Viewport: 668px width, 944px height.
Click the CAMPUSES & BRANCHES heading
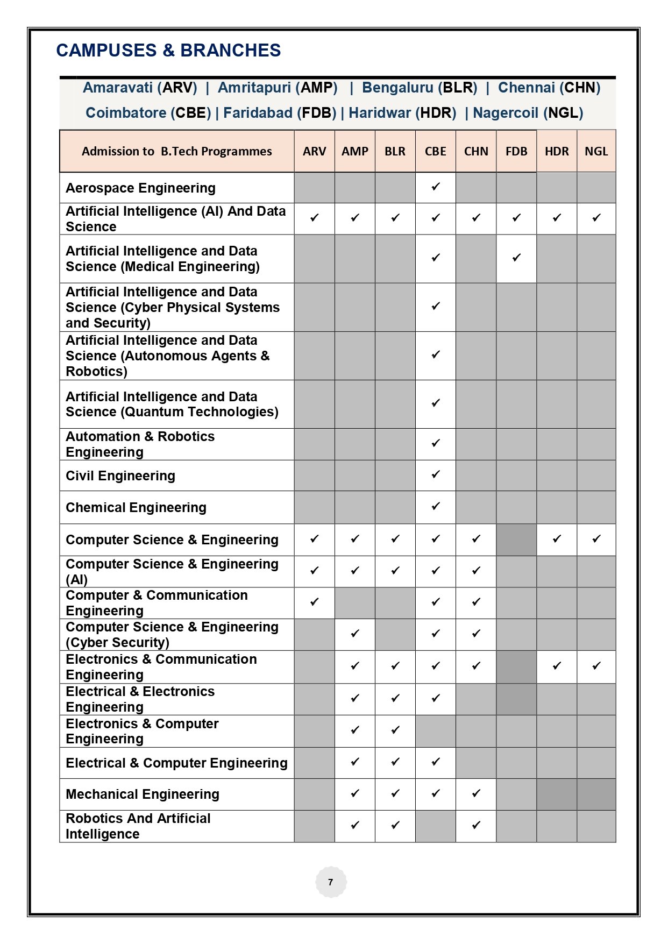(168, 51)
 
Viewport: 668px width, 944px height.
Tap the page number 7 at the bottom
(330, 882)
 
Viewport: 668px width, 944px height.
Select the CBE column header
(435, 152)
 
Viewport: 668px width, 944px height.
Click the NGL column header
(596, 152)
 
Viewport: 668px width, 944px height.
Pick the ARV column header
(314, 152)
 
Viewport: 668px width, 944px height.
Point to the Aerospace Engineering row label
(140, 188)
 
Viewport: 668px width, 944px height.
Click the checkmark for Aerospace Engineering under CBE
(436, 187)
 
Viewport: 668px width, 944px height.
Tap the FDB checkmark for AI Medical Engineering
(516, 258)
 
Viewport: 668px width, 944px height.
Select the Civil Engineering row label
(120, 476)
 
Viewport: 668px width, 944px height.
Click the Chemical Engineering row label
(136, 508)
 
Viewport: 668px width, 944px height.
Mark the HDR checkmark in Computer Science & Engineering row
(557, 538)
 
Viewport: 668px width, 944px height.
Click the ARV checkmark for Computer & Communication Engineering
(315, 602)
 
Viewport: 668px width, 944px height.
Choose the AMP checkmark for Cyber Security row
(355, 634)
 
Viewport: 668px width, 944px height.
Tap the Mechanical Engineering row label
(143, 794)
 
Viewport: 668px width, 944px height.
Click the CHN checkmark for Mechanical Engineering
(476, 793)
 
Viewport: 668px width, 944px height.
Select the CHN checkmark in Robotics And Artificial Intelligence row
(476, 825)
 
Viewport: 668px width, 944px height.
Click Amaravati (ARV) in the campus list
(140, 88)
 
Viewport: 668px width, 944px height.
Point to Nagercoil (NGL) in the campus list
(528, 113)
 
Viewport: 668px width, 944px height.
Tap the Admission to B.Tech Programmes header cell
(176, 152)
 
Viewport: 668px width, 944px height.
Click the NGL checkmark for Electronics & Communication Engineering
(596, 666)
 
